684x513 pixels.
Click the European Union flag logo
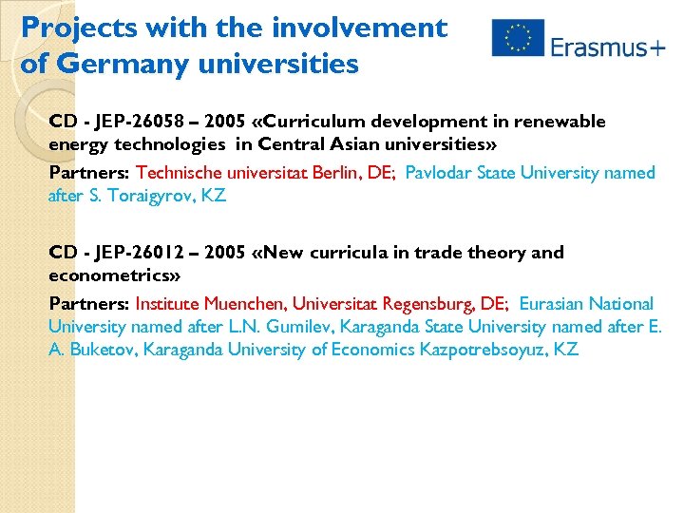pos(518,38)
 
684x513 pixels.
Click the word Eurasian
pos(552,304)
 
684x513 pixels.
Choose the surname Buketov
pos(105,350)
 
